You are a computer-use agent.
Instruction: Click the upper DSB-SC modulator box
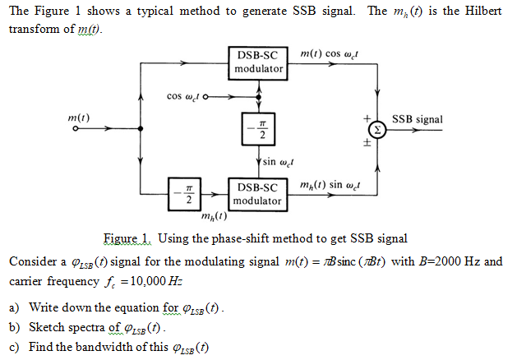[259, 62]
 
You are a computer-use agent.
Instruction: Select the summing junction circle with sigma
[376, 130]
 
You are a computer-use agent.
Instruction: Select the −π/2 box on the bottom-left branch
[188, 193]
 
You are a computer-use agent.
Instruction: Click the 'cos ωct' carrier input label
[187, 96]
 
